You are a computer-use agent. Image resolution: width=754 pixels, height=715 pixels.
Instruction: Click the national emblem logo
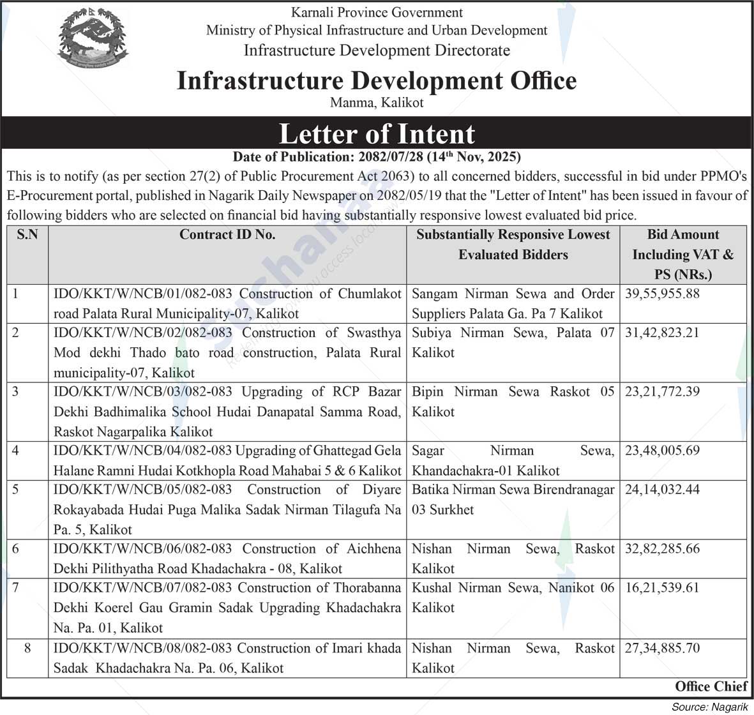click(x=93, y=39)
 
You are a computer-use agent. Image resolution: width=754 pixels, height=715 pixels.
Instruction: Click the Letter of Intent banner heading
click(x=377, y=134)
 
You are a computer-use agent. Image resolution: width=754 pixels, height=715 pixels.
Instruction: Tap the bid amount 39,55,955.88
click(x=662, y=294)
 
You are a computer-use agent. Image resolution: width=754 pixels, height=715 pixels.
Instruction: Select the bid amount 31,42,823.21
click(x=662, y=333)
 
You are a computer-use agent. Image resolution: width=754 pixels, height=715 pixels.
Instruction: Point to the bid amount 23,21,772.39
click(x=662, y=391)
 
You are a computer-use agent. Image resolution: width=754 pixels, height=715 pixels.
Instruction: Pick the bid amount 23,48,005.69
click(x=662, y=451)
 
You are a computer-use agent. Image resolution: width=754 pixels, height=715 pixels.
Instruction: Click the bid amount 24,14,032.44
click(x=662, y=490)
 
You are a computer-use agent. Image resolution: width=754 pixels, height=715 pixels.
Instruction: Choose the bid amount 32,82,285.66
click(x=662, y=548)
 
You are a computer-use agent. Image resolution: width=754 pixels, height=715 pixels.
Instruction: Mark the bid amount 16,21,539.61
click(x=662, y=587)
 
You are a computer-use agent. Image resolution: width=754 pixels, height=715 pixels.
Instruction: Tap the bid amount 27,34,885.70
click(x=662, y=648)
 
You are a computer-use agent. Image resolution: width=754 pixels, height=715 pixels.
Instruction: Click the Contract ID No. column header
click(x=227, y=235)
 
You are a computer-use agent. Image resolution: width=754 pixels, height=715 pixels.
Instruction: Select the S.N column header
click(x=27, y=235)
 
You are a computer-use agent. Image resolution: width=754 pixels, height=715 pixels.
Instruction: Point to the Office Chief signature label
click(x=711, y=687)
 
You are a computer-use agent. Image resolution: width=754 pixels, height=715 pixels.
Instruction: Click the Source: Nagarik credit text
click(x=709, y=707)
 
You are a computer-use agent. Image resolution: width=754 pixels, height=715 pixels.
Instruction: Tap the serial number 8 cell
click(x=27, y=648)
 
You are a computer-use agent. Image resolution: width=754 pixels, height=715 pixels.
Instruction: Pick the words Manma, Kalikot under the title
click(x=377, y=102)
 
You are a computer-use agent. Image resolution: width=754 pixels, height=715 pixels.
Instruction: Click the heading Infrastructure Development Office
click(x=377, y=80)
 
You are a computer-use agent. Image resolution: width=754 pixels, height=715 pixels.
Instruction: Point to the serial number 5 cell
click(x=16, y=490)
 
